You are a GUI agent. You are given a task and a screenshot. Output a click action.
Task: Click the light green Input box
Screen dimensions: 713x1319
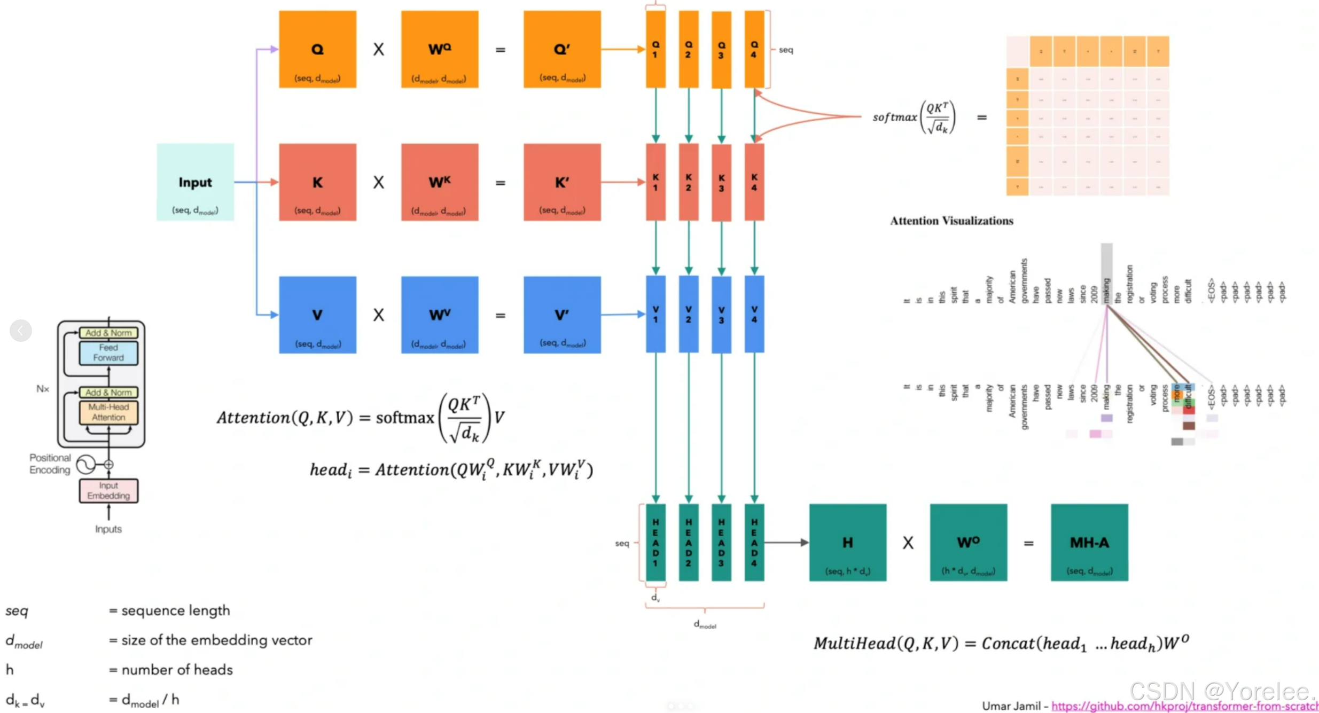(195, 182)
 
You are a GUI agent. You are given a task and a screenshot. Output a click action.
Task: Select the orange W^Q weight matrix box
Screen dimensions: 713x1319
(440, 49)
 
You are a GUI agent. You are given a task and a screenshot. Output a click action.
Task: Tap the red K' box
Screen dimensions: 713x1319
(562, 182)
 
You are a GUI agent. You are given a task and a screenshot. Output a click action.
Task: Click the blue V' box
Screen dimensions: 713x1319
(562, 315)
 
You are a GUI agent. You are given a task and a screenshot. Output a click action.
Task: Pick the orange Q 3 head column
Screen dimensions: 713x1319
(721, 50)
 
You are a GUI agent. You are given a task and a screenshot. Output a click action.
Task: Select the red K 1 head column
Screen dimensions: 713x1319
(655, 182)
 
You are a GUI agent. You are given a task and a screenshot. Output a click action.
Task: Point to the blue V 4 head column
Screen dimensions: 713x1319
(754, 315)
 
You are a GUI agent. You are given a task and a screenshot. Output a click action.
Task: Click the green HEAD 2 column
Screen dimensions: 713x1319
(688, 542)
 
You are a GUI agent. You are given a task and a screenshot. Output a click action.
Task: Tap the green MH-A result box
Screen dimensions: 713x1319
(1089, 542)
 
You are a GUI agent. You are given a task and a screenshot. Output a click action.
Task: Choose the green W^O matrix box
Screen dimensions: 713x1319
(968, 542)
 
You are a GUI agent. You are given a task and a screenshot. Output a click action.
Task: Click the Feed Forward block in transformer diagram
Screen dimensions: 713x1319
(108, 353)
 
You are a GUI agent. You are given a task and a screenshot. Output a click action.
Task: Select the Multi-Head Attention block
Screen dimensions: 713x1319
(108, 412)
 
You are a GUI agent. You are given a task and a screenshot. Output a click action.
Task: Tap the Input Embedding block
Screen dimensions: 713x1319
(108, 491)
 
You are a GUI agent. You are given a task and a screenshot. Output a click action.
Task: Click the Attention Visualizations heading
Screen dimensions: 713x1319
(951, 221)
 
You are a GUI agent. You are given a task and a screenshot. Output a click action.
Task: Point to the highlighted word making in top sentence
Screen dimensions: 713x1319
(1106, 288)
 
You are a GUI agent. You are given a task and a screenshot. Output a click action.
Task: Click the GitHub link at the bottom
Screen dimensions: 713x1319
(1183, 706)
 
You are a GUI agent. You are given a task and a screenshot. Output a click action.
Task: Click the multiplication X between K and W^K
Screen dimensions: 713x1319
(378, 183)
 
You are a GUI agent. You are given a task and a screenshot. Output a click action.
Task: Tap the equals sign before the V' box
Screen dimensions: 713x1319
(500, 316)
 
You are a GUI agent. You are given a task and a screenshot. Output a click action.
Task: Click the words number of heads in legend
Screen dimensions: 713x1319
(177, 670)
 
